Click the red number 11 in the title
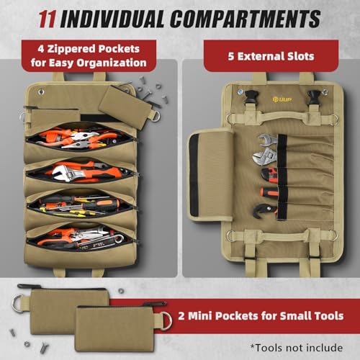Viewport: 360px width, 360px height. point(48,19)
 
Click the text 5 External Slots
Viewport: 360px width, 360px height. point(271,56)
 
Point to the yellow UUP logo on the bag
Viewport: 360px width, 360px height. point(282,99)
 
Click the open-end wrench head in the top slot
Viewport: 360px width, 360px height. point(267,140)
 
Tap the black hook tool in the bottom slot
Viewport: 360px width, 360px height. point(264,211)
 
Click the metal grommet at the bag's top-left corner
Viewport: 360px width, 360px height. point(41,92)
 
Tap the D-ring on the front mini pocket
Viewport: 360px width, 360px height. point(166,321)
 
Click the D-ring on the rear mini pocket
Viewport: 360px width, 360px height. point(18,303)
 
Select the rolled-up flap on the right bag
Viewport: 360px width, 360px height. point(210,174)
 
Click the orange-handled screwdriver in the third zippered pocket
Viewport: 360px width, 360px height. point(96,204)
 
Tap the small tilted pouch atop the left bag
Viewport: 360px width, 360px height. point(125,107)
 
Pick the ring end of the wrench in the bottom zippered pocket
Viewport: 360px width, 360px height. point(120,239)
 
